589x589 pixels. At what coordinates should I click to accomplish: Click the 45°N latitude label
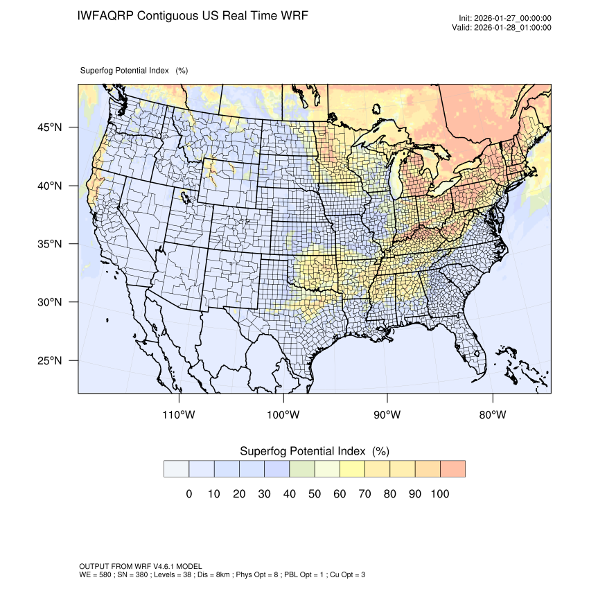pos(49,128)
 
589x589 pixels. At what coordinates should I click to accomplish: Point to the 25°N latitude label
pos(49,360)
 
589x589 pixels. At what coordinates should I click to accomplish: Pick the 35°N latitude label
pos(49,244)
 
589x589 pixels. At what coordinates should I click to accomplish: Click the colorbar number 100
pos(439,493)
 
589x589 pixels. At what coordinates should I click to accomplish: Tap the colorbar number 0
pos(188,493)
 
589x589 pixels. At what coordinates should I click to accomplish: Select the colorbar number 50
pos(314,493)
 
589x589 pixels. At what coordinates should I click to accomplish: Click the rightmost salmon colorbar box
pos(452,468)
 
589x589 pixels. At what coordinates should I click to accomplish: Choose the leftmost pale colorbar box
pos(176,468)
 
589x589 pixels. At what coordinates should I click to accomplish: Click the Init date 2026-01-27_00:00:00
pos(516,18)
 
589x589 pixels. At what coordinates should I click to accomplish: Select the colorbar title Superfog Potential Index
pos(302,451)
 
